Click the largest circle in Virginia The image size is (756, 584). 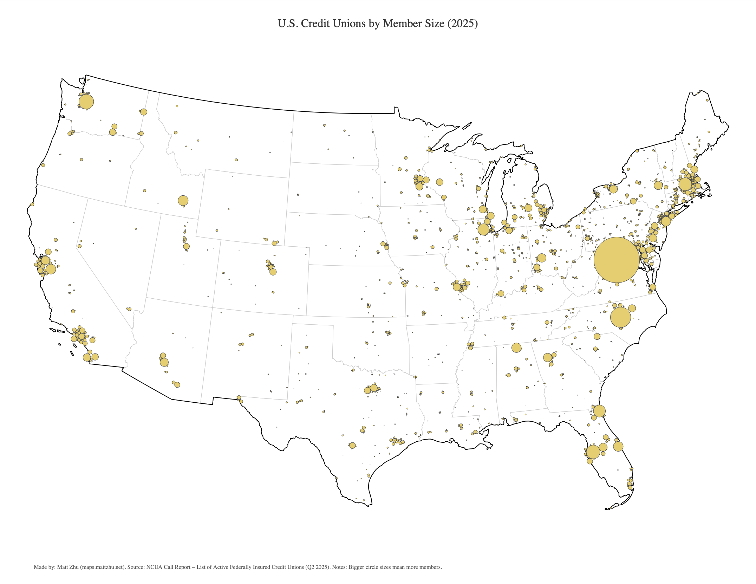point(616,260)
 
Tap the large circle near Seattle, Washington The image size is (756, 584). point(86,102)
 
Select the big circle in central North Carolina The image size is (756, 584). point(620,317)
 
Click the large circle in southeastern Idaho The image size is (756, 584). point(183,201)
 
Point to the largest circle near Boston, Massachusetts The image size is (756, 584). point(685,184)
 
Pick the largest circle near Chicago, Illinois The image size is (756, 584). point(483,229)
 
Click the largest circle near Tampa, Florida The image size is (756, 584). point(593,452)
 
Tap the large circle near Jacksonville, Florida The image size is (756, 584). point(599,411)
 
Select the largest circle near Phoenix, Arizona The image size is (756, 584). point(164,362)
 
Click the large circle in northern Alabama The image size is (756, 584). point(516,348)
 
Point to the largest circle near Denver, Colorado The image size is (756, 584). point(273,272)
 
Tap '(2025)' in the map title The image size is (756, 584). point(462,24)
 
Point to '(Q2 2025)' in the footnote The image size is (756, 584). point(318,567)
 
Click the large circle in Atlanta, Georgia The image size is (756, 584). point(547,357)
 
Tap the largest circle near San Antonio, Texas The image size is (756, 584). point(352,445)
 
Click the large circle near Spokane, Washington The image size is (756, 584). point(144,112)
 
